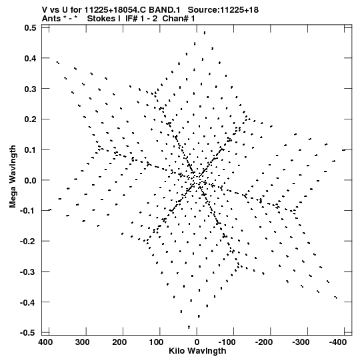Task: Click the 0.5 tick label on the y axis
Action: point(30,27)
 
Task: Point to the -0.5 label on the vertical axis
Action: point(28,333)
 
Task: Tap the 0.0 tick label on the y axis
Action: point(30,180)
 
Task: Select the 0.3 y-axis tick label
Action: point(30,89)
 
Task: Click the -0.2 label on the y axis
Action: point(28,242)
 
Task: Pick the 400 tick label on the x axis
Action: point(45,342)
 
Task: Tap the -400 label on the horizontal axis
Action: point(338,342)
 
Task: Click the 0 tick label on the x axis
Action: point(197,342)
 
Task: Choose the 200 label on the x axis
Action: point(119,342)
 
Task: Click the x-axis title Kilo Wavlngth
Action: point(197,351)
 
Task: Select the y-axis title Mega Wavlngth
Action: point(13,177)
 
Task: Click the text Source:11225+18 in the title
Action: point(223,10)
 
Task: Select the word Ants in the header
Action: point(51,19)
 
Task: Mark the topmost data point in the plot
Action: point(205,33)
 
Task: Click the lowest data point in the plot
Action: point(189,327)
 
